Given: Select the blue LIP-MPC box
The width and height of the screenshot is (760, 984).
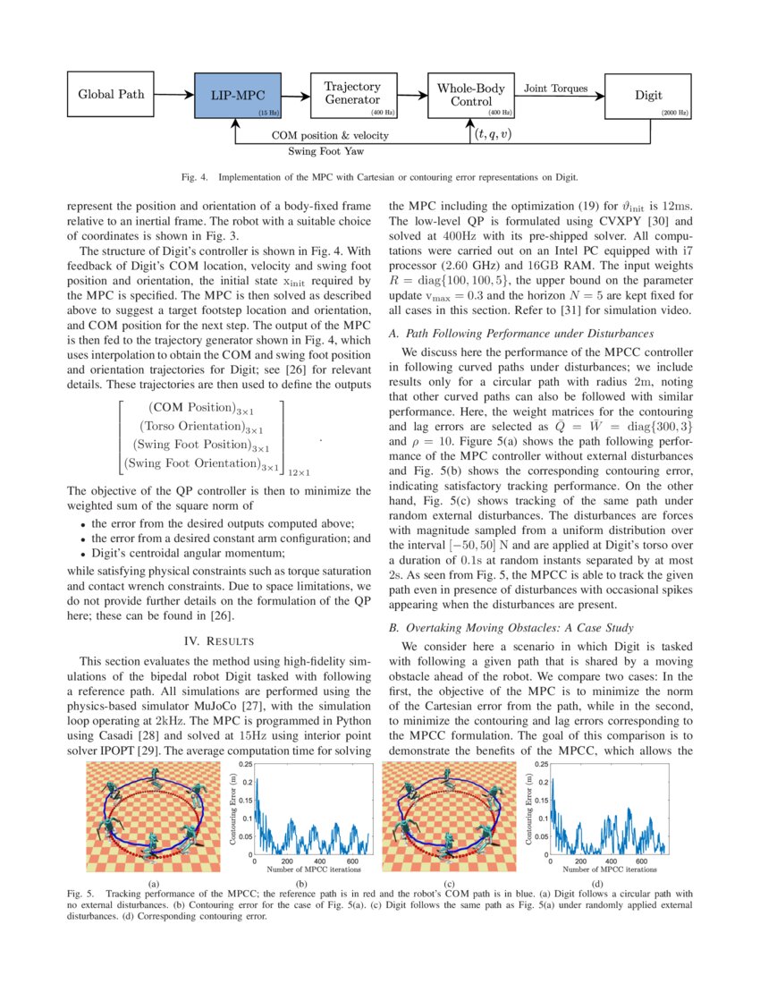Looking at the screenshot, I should click(238, 94).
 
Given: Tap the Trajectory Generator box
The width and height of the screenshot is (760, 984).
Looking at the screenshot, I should click(352, 94).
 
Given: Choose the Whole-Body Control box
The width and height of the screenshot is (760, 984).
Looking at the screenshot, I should click(470, 94).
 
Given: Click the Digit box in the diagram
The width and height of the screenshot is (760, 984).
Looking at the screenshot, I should click(648, 94).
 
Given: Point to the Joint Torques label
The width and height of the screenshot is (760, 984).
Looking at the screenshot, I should click(555, 89).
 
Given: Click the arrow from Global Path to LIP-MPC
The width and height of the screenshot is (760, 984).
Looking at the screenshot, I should click(173, 94).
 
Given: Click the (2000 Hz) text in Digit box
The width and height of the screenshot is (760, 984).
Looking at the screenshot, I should click(674, 114).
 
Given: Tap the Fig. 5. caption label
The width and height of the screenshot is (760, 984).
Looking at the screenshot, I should click(81, 894).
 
